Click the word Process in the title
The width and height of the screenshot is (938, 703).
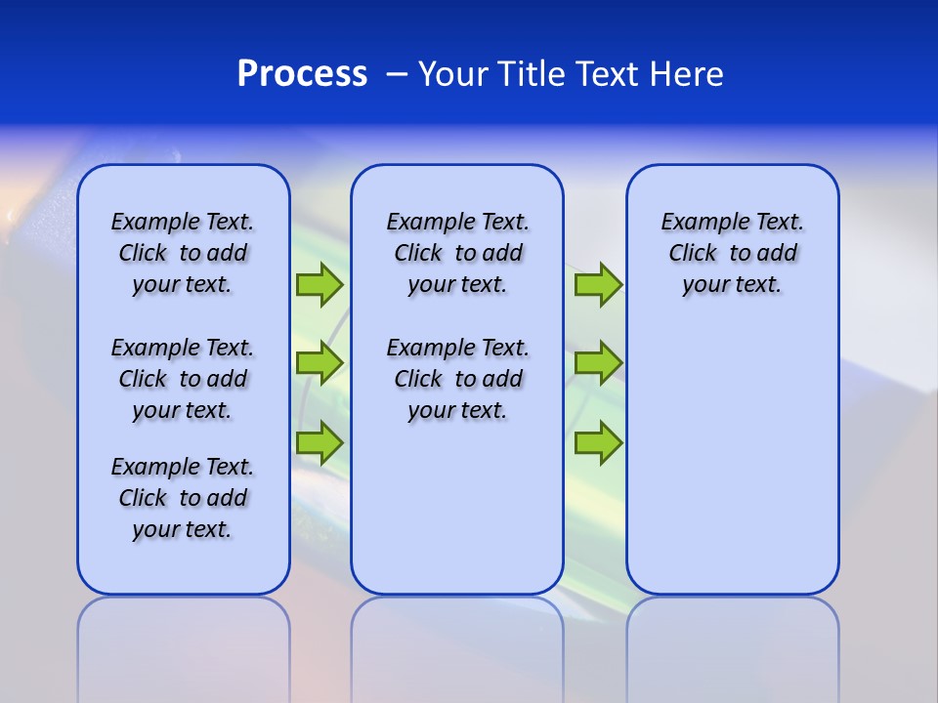point(302,74)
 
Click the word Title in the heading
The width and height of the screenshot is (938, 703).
point(533,74)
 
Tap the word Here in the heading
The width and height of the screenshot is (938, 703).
point(689,74)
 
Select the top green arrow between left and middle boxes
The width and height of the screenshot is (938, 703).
point(320,284)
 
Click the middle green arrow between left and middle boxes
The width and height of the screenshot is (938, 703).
point(320,363)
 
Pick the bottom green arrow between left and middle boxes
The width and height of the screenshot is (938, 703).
point(320,442)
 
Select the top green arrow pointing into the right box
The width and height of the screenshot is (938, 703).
point(598,284)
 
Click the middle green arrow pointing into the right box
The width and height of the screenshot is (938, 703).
point(598,363)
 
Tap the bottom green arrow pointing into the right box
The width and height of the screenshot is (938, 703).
point(598,442)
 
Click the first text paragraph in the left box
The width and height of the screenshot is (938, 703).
point(183,253)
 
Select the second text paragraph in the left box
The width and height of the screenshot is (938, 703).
point(183,379)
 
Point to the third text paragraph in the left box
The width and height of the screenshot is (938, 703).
point(183,498)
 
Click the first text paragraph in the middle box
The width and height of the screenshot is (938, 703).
point(457,253)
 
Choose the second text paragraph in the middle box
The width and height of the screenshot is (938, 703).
point(457,379)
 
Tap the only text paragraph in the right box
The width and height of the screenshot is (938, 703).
point(732,253)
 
